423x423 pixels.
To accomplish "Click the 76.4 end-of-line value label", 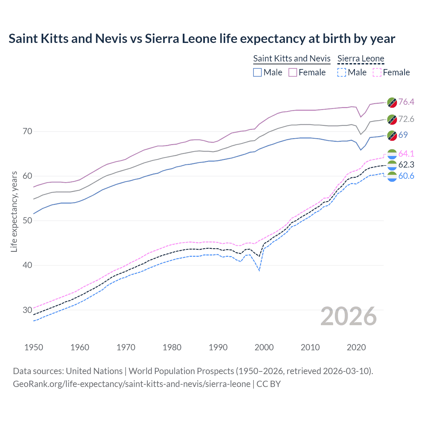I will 406,102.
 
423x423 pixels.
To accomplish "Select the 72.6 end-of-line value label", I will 406,119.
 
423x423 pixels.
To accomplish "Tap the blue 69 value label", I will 403,135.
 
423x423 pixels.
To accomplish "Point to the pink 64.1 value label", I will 406,154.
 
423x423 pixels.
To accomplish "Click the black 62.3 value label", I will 406,165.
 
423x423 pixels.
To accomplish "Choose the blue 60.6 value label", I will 406,176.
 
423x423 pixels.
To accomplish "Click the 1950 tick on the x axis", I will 34,347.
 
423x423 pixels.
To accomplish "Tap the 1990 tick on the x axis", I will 218,347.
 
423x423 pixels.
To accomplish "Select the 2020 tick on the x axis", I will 356,347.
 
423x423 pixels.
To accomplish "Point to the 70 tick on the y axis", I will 27,132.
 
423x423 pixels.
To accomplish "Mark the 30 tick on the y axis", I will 27,310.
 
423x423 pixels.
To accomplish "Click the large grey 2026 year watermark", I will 349,316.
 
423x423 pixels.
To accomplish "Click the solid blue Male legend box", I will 257,72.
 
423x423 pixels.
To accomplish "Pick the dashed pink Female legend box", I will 377,72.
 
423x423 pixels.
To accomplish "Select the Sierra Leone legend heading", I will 361,58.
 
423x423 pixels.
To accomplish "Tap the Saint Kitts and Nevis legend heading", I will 291,58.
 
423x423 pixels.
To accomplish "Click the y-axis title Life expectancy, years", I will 14,211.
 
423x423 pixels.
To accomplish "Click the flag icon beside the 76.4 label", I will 392,102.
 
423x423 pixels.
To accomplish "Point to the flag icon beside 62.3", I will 392,165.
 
